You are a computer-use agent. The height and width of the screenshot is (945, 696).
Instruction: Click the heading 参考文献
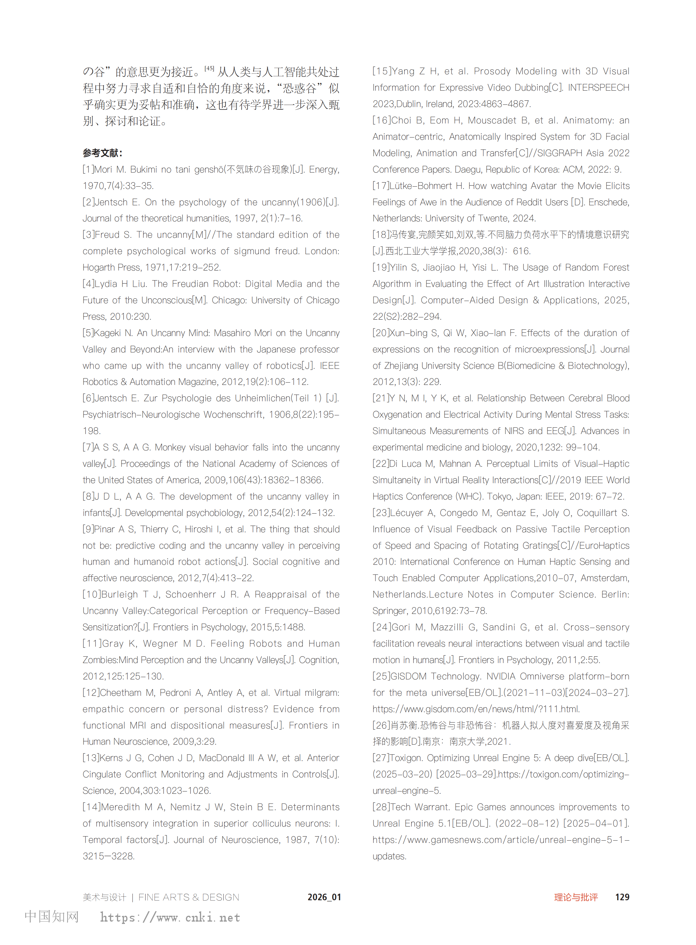(102, 153)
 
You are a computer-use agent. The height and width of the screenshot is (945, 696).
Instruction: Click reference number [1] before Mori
(88, 169)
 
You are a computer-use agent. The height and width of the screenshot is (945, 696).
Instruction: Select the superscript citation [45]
(209, 68)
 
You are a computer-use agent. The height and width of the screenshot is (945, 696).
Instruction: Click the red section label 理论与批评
(576, 897)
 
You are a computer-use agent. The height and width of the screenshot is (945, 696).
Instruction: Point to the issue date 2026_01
(324, 897)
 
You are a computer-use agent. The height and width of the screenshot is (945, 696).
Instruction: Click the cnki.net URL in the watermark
(170, 918)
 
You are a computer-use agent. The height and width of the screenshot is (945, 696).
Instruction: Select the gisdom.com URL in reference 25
(476, 709)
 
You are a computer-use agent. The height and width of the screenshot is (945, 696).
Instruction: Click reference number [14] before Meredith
(91, 807)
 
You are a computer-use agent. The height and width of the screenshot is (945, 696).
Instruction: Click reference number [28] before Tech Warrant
(381, 807)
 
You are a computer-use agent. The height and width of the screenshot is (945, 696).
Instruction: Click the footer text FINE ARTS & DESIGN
(189, 897)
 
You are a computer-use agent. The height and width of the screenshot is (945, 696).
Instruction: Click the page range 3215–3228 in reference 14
(108, 856)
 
